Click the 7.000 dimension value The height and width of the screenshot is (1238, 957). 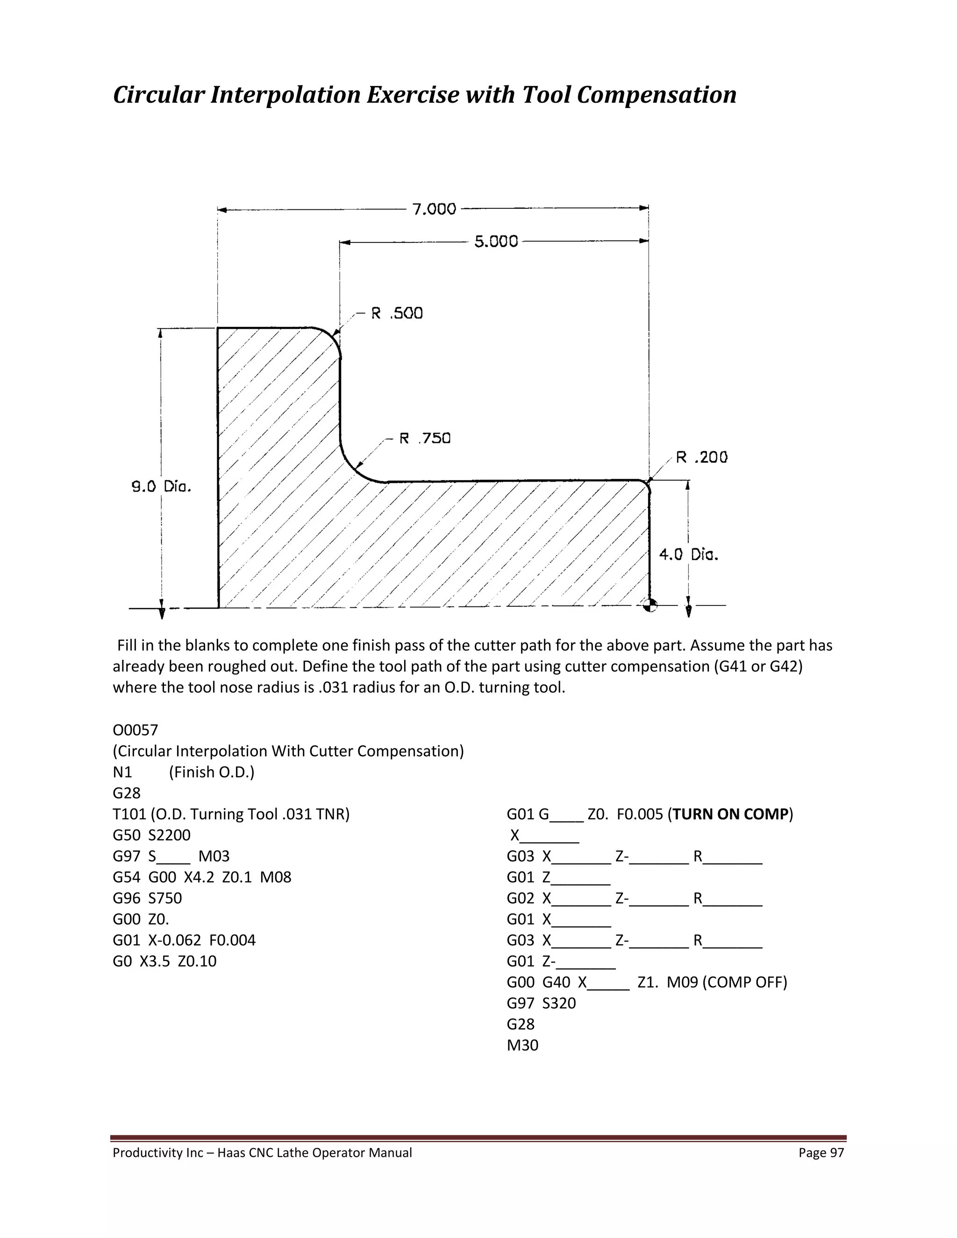(x=434, y=209)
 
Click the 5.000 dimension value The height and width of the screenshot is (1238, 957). (x=496, y=242)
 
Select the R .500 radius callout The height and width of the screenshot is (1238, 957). (x=397, y=313)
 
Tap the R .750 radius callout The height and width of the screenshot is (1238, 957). (x=425, y=438)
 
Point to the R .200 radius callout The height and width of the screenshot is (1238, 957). (x=701, y=457)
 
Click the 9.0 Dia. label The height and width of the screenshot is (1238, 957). (x=162, y=486)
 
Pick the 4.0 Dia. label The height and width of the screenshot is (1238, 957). (x=688, y=555)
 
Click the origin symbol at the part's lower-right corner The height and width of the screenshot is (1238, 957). (x=651, y=605)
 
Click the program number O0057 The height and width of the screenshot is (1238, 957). (x=136, y=730)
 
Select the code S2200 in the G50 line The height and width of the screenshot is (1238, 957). (x=170, y=835)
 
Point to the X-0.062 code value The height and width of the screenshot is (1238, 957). (x=175, y=940)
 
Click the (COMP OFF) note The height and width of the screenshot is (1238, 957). (x=744, y=982)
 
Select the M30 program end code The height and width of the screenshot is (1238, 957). (x=522, y=1045)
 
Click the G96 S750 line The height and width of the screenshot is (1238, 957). (x=147, y=898)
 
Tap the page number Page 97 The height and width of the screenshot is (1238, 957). (x=821, y=1153)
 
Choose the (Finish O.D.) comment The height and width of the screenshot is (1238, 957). (x=212, y=772)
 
